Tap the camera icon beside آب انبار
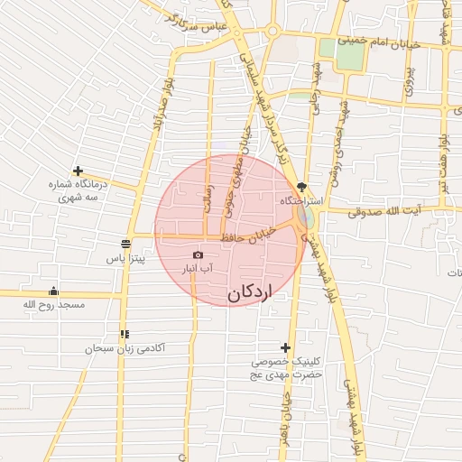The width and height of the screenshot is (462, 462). click(199, 255)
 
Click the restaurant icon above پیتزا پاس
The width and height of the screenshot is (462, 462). click(125, 244)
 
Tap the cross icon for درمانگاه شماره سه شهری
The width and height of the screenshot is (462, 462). click(79, 171)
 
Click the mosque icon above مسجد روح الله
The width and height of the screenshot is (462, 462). click(53, 291)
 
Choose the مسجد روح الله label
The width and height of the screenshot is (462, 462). click(53, 305)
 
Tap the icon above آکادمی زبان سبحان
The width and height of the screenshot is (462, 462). click(124, 334)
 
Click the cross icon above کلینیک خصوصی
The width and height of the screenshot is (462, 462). click(286, 347)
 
